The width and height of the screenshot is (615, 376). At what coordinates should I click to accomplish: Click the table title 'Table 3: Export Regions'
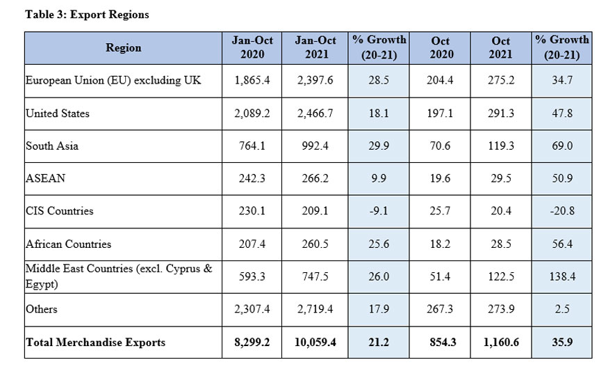(87, 14)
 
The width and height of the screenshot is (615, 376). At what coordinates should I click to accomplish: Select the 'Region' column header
(123, 48)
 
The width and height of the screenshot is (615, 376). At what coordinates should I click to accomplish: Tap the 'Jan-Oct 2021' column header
(315, 48)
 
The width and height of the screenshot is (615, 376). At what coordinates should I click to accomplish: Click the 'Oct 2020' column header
(441, 48)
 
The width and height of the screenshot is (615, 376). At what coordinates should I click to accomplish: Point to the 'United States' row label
(58, 113)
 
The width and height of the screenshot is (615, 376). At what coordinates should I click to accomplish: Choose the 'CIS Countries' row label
(59, 211)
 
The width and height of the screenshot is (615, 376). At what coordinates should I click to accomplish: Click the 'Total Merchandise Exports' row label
(96, 342)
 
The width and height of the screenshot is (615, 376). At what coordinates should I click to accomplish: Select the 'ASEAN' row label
(45, 178)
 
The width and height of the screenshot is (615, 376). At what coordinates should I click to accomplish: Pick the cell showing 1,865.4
(252, 81)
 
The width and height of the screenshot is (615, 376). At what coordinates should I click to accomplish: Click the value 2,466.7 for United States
(315, 113)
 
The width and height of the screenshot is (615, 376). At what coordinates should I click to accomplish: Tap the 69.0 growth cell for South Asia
(561, 146)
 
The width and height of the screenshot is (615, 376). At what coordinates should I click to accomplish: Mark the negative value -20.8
(561, 211)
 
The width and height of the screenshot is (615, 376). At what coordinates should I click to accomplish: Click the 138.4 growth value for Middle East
(561, 276)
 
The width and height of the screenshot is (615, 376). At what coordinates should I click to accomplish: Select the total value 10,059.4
(315, 342)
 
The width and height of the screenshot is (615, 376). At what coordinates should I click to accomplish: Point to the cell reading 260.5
(315, 244)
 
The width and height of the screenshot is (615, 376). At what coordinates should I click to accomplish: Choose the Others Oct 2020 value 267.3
(441, 309)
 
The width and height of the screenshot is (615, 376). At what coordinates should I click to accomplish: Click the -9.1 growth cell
(379, 211)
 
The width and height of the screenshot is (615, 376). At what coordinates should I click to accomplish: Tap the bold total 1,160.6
(501, 342)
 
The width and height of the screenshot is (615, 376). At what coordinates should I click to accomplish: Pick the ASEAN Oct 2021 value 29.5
(501, 178)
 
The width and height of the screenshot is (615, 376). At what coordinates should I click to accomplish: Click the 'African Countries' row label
(68, 244)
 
